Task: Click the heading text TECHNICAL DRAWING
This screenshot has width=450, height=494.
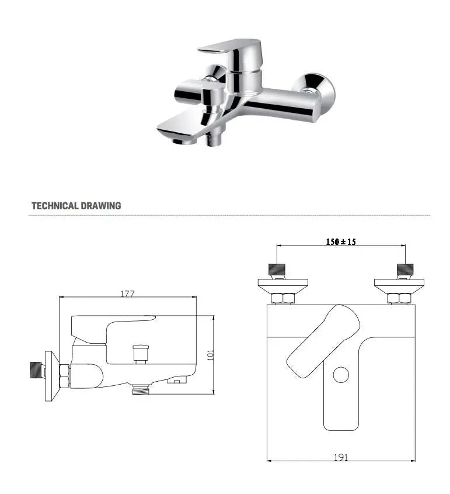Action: pos(76,206)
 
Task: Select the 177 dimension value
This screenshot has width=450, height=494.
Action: pos(127,294)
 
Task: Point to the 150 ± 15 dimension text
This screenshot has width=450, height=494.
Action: pos(340,241)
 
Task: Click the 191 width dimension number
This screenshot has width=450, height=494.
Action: pos(341,457)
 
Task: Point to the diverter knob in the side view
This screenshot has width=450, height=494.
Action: pos(139,354)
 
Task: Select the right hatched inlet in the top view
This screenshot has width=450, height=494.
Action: pos(404,270)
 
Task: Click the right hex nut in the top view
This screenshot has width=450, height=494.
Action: pos(399,299)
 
